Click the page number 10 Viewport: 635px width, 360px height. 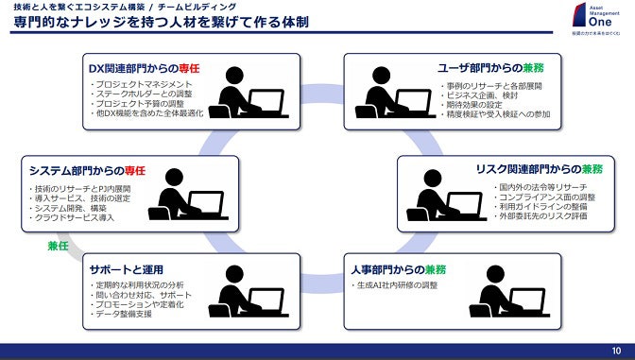coord(616,351)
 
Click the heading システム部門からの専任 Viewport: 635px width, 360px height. coord(87,170)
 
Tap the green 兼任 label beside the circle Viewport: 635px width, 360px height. coord(59,246)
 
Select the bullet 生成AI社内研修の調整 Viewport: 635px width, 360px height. coord(400,284)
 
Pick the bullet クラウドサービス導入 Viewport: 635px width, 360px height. coord(72,218)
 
